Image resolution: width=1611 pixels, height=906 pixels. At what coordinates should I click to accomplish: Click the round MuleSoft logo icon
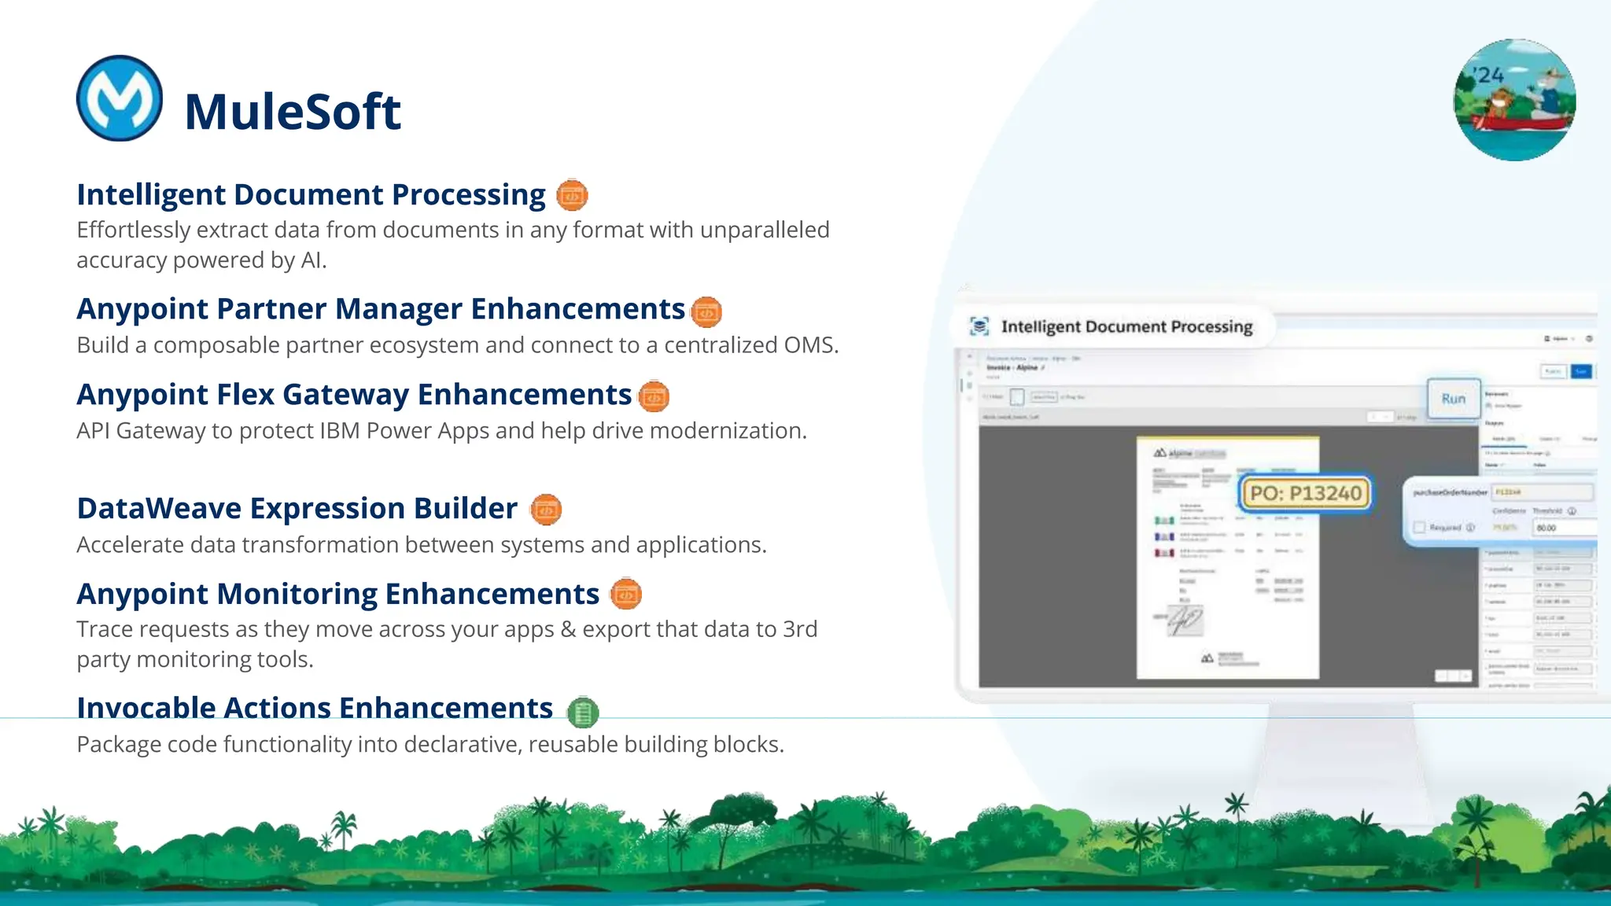click(120, 98)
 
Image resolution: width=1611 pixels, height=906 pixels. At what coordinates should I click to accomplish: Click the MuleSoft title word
click(293, 111)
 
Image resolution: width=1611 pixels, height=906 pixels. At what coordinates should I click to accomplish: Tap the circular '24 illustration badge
click(1514, 100)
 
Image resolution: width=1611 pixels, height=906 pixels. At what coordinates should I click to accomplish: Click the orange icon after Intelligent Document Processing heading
click(572, 195)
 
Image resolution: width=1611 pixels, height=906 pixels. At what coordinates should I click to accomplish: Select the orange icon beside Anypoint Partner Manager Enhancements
click(706, 312)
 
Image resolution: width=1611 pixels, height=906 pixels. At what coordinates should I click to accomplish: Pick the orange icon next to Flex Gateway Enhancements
click(653, 396)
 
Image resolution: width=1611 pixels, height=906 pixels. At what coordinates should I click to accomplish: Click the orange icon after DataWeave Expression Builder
click(546, 510)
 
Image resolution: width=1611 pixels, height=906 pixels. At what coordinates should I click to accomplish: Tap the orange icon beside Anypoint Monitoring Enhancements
click(626, 595)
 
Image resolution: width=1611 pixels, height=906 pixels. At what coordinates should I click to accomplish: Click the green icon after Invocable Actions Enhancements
click(583, 713)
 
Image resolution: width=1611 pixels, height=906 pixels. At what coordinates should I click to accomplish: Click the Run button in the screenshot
click(1454, 399)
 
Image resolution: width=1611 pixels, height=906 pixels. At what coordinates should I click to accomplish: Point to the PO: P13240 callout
click(1306, 494)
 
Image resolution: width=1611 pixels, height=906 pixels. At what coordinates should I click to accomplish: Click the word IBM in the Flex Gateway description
click(340, 431)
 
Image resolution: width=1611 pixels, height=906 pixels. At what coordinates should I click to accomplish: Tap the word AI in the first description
click(312, 260)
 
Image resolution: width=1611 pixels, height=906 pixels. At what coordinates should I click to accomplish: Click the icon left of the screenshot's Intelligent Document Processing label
click(979, 326)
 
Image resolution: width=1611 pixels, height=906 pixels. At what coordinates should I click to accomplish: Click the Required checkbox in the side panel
click(1419, 528)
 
